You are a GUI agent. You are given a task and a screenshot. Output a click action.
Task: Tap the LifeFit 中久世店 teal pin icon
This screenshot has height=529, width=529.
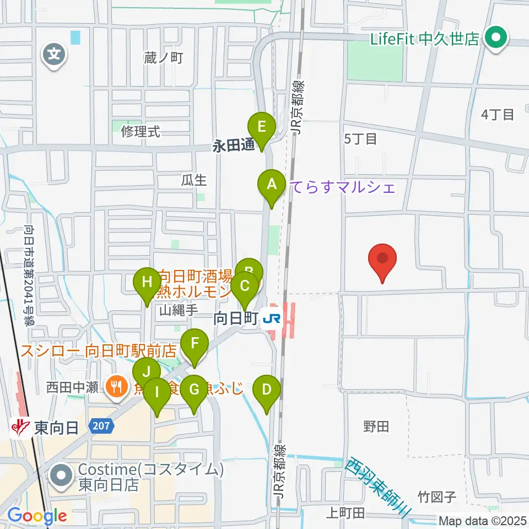495,39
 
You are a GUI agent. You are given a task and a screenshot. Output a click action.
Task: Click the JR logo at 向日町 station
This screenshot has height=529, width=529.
271,319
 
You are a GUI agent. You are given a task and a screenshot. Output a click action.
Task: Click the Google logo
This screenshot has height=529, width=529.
37,516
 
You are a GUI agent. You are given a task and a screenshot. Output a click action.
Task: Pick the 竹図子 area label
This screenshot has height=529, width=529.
438,498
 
